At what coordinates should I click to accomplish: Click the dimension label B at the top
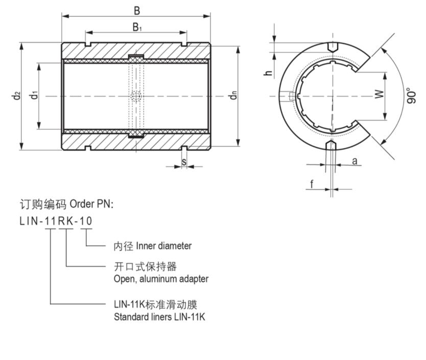(136, 10)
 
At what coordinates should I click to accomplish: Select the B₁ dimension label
(137, 28)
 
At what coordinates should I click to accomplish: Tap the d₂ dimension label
(17, 96)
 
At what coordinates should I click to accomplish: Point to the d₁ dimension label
(34, 95)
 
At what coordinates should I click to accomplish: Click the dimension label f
(312, 184)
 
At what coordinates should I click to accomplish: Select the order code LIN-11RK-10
(56, 221)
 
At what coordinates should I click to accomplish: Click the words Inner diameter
(163, 246)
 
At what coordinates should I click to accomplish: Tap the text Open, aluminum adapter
(161, 279)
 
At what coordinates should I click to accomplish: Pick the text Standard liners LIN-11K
(159, 317)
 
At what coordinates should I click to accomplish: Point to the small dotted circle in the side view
(136, 96)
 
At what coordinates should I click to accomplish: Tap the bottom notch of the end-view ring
(332, 145)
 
